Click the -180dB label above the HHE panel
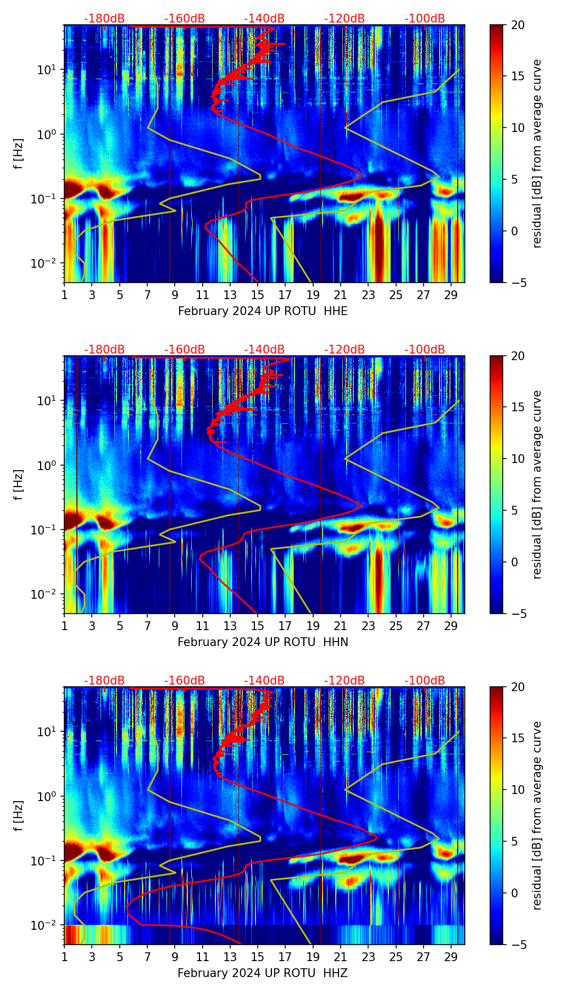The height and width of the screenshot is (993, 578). (104, 19)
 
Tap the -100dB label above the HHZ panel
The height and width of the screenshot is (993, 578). (425, 681)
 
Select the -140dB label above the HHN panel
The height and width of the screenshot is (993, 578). (264, 350)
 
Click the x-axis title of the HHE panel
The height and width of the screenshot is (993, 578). (263, 311)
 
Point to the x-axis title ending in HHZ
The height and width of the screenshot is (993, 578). (263, 973)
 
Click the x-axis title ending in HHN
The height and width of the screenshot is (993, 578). (263, 642)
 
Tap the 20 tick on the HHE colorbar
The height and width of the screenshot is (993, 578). (518, 25)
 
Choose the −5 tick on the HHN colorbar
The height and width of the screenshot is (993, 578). (518, 613)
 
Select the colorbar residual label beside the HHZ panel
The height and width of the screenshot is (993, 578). (537, 815)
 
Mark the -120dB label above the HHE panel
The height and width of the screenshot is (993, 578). (344, 19)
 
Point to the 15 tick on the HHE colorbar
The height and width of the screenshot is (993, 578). (518, 76)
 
